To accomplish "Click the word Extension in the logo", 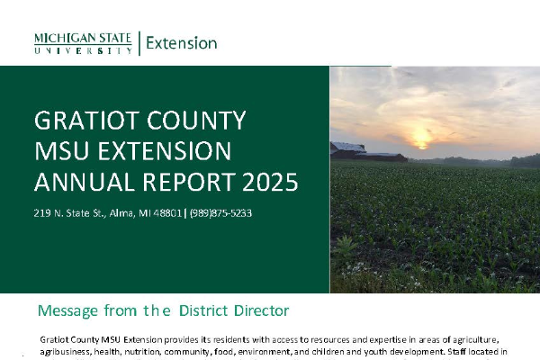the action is [182, 43].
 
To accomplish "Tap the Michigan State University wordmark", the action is [83, 43].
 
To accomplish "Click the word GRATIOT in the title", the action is [86, 121].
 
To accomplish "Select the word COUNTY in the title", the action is [196, 121].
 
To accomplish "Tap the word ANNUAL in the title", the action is [85, 182].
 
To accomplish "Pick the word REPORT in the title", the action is [189, 182].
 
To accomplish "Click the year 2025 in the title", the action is [270, 182].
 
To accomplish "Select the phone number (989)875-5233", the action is [220, 213].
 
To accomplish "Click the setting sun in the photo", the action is [422, 141].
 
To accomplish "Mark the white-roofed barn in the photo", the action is [348, 150].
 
